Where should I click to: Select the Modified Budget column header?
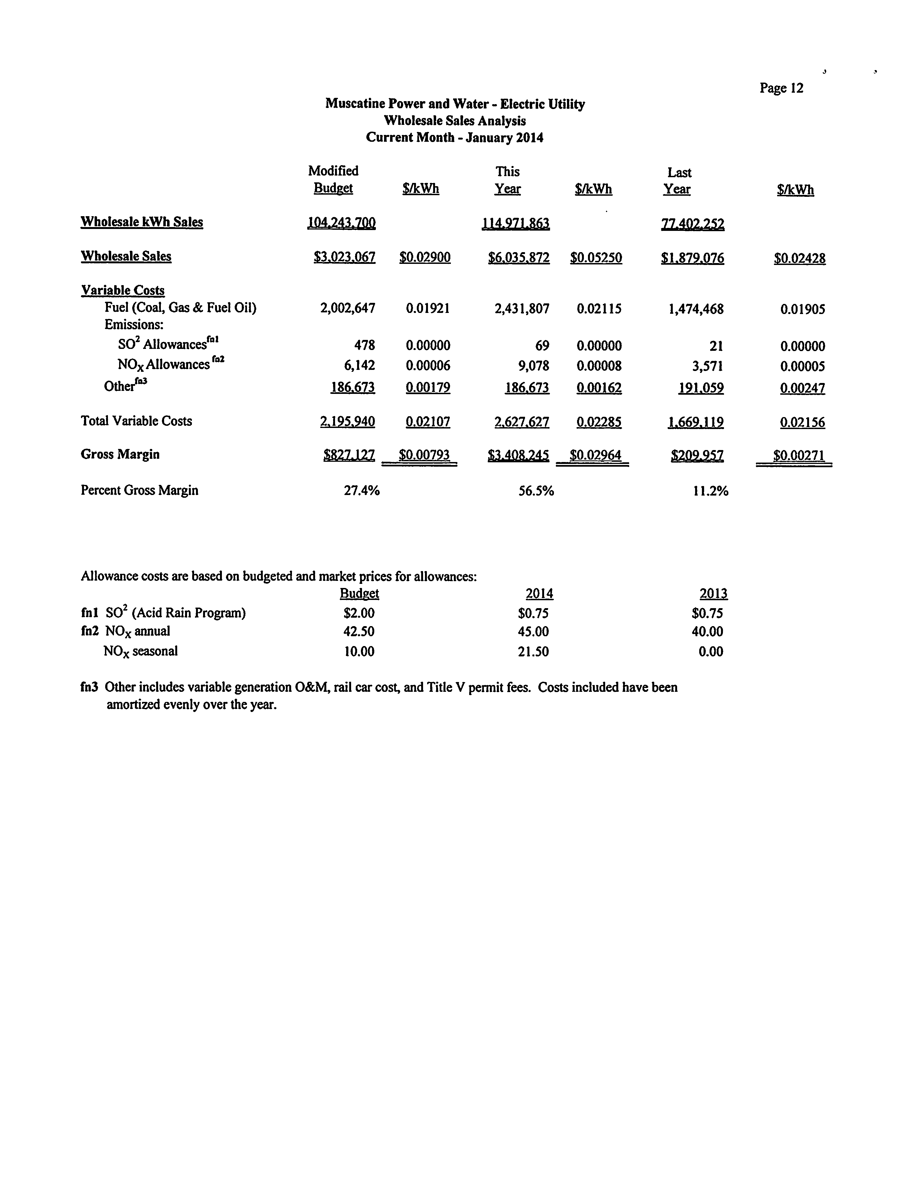(333, 180)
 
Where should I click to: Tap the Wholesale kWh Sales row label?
(142, 222)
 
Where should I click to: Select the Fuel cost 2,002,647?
(348, 308)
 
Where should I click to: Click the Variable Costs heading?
(123, 290)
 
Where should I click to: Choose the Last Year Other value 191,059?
(701, 388)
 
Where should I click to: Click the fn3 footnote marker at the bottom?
(89, 687)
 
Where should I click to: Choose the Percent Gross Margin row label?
(139, 490)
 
